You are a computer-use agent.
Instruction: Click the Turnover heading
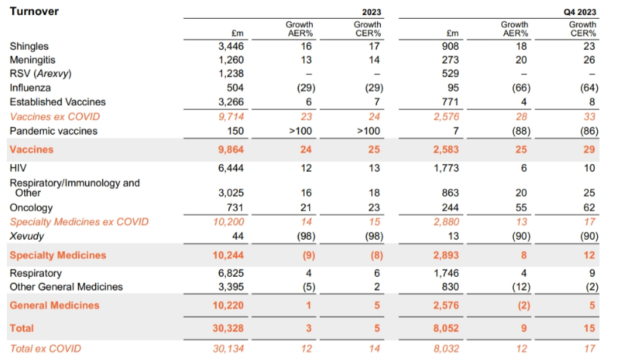click(34, 11)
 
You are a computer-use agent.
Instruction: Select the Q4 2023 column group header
click(579, 11)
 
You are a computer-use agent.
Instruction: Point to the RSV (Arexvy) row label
click(47, 74)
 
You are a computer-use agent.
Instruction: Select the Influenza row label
click(31, 88)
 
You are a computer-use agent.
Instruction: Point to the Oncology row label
click(31, 207)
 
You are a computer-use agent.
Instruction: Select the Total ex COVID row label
click(45, 348)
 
